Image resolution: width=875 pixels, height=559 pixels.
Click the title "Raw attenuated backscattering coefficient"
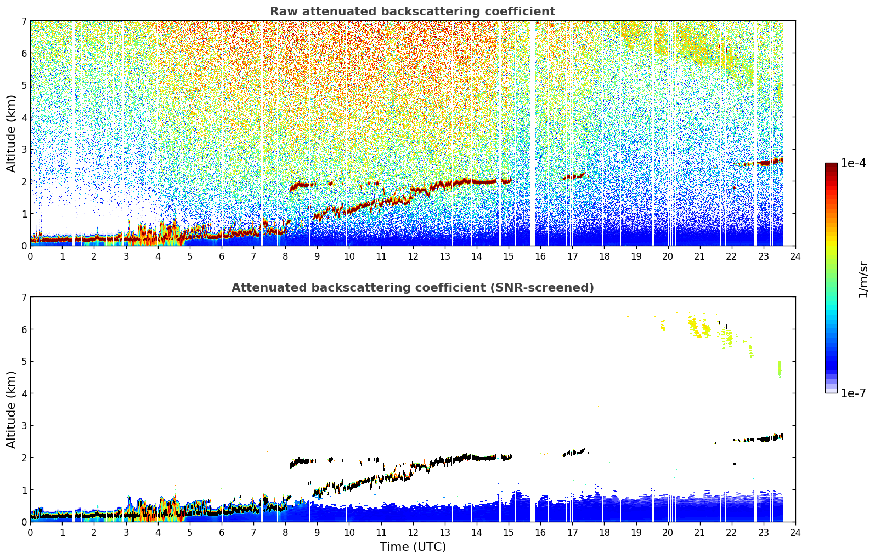point(413,12)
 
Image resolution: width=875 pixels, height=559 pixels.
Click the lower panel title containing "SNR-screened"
point(413,287)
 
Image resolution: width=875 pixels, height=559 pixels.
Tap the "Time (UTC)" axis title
point(413,546)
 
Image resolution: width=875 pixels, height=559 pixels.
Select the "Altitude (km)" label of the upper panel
point(11,134)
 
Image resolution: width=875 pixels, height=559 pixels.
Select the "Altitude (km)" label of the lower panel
point(11,409)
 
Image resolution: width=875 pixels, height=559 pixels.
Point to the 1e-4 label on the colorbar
point(853,163)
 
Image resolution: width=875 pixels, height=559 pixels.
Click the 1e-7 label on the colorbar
point(853,393)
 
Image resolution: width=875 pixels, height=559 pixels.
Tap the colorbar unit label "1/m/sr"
point(862,280)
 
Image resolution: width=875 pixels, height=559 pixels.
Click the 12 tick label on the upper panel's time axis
point(413,256)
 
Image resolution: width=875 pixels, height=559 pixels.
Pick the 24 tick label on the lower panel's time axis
point(795,533)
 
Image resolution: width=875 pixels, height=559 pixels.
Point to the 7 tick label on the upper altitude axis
point(24,21)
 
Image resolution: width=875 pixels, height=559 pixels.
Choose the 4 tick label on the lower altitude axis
point(24,393)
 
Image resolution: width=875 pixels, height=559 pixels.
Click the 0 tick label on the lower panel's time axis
point(31,533)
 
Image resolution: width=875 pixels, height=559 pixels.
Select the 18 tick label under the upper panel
point(605,256)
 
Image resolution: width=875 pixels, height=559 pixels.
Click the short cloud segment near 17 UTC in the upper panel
point(574,176)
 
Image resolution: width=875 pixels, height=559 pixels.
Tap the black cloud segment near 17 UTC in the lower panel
point(574,453)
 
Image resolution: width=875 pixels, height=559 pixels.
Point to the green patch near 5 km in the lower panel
point(780,368)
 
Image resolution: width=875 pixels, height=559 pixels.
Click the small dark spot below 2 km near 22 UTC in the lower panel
point(735,464)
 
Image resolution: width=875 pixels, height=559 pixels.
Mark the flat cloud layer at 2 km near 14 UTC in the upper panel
point(484,181)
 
